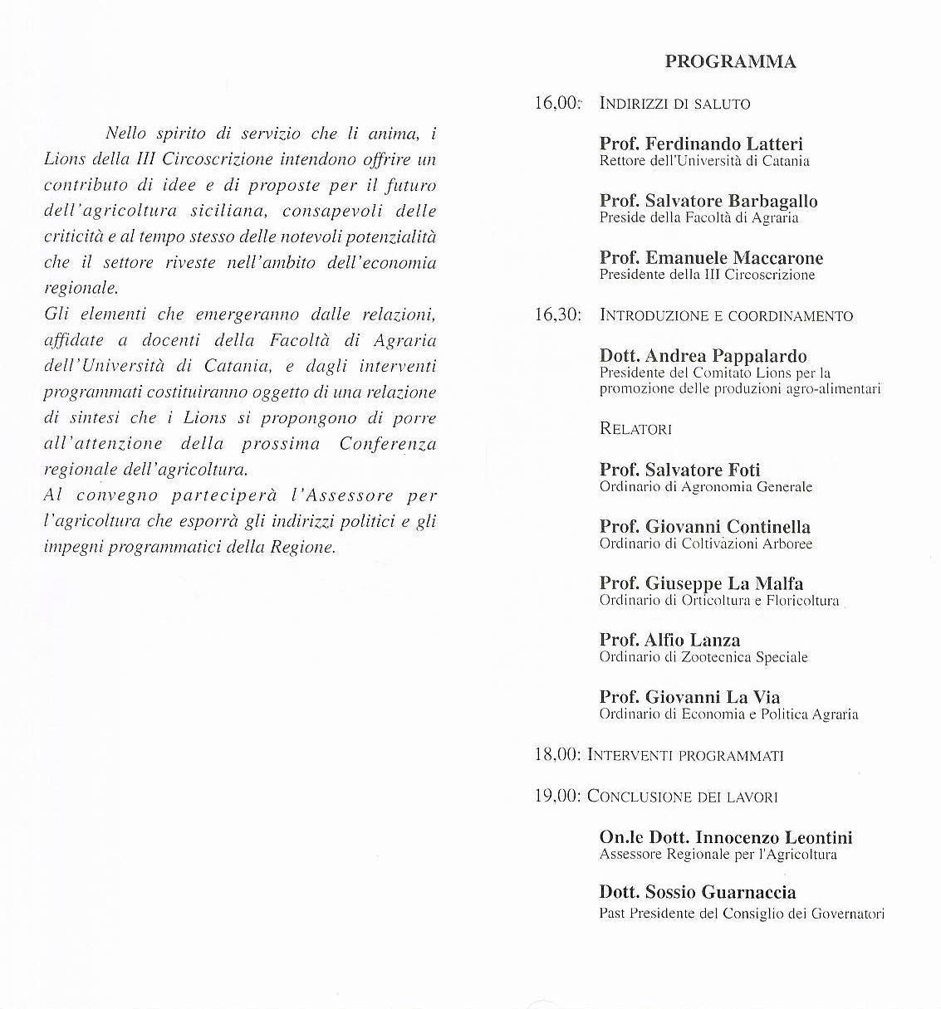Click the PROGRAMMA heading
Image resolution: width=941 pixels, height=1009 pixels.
[730, 62]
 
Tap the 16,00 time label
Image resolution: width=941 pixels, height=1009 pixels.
[556, 104]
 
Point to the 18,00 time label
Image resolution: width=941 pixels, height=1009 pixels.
[557, 755]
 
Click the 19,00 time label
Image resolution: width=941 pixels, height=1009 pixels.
[557, 797]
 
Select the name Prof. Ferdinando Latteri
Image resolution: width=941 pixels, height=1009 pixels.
[701, 144]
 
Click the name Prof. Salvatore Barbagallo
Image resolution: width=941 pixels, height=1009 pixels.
[708, 202]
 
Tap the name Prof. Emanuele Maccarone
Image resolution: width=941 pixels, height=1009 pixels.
[711, 258]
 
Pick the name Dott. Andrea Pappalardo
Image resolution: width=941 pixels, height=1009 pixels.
[703, 357]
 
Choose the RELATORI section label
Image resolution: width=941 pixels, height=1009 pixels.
[635, 429]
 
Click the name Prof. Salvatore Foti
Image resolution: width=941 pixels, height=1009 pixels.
[679, 470]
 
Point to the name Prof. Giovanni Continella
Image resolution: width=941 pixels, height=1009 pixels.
[704, 527]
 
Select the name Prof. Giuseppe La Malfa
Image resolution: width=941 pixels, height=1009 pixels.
[701, 583]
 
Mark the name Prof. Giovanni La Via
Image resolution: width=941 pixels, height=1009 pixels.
[689, 697]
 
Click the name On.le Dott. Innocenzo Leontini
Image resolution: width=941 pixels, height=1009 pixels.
[725, 838]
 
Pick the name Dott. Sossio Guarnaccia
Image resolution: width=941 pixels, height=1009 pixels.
[697, 893]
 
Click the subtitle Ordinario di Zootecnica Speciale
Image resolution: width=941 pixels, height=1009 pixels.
[703, 657]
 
